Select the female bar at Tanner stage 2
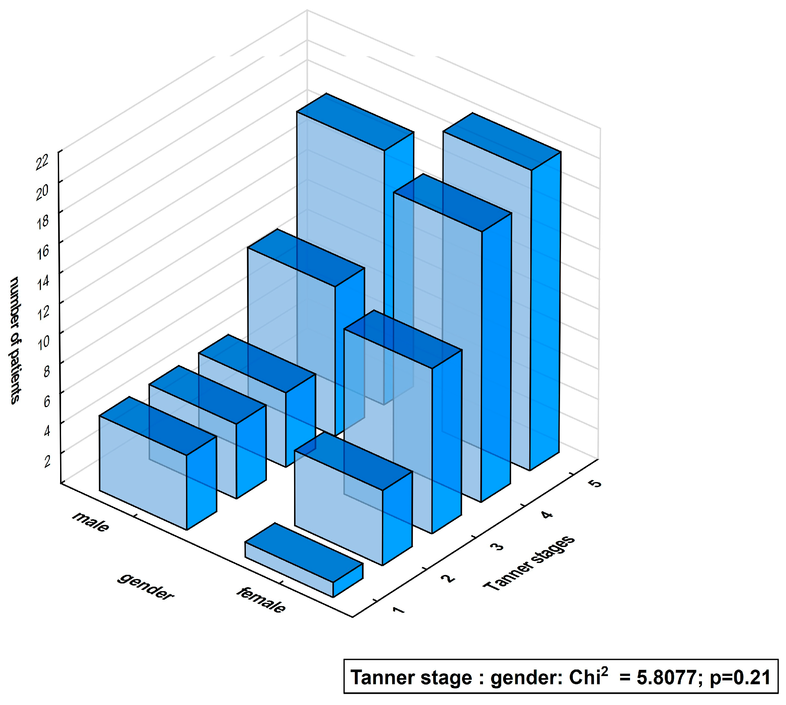click(x=339, y=507)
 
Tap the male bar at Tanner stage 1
click(x=143, y=472)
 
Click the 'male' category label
click(x=91, y=521)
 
